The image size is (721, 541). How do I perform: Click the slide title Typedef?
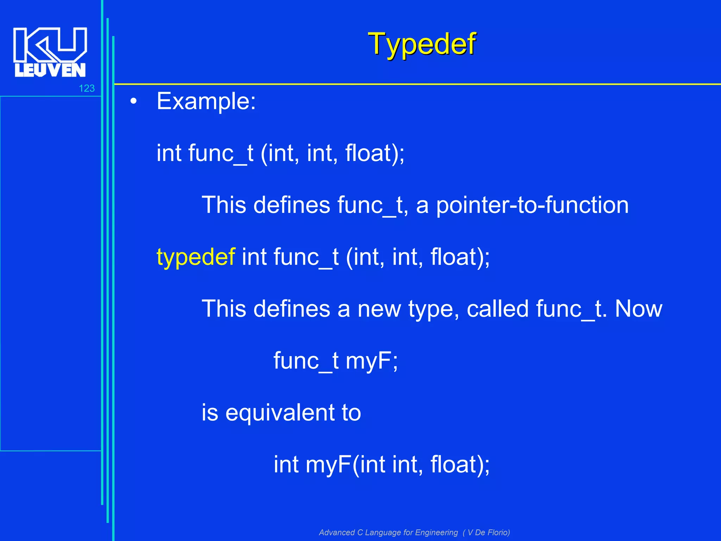coord(422,44)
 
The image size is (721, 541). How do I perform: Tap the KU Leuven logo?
coord(50,52)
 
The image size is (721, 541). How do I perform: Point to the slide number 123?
coord(87,88)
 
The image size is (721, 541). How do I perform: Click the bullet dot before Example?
coord(133,102)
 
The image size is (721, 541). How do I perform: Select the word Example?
coord(206,101)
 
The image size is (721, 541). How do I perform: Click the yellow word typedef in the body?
coord(196,257)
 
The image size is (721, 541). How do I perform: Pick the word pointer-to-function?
coord(532,205)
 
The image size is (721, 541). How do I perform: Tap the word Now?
coord(638,309)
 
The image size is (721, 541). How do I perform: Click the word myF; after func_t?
coord(372,361)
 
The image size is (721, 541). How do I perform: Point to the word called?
coord(498,309)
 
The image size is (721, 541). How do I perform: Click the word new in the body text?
coord(379,309)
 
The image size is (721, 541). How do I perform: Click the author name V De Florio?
coord(488,533)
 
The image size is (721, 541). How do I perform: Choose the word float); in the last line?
coord(460,465)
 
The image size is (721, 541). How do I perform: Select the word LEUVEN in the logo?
coord(50,70)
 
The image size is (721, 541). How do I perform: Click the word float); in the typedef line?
coord(460,257)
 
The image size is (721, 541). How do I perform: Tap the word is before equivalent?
coord(210,413)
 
